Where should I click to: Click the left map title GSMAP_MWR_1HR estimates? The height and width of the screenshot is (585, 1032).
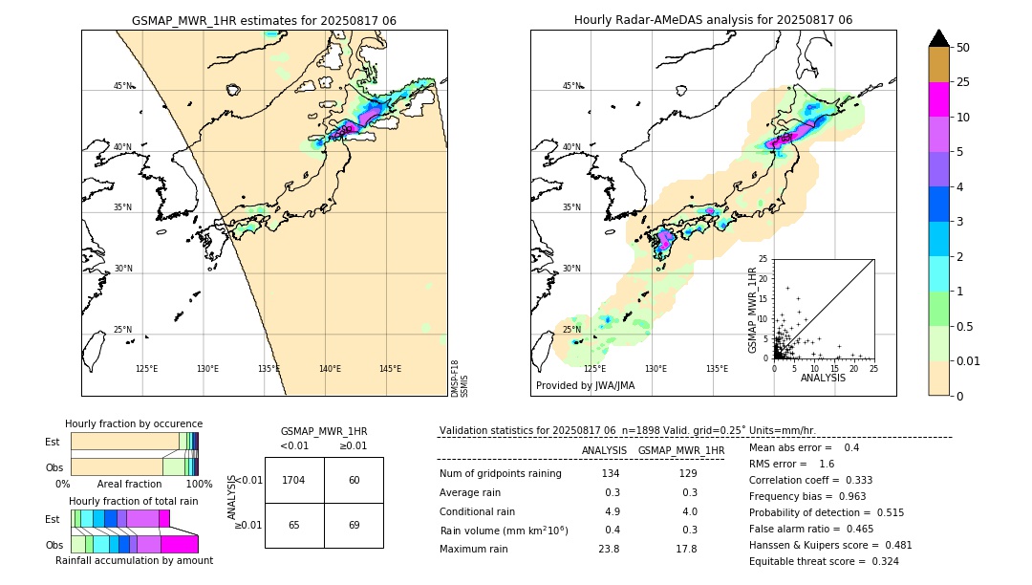point(264,20)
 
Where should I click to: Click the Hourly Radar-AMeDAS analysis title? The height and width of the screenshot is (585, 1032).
point(713,20)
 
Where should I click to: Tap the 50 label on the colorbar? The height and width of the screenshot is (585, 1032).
point(963,47)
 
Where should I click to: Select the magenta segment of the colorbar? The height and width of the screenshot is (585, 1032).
point(939,99)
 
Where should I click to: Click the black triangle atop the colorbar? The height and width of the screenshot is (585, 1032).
point(939,38)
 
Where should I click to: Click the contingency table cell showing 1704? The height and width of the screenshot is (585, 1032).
point(294,480)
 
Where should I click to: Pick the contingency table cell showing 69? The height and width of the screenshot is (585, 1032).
point(354,525)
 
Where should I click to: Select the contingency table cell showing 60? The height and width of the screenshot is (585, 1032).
point(354,480)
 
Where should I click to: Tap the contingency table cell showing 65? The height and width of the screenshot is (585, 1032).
point(294,525)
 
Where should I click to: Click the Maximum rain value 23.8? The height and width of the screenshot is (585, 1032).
point(610,549)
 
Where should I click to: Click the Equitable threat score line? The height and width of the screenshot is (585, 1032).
point(823,561)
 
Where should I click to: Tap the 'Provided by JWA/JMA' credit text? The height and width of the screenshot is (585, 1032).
point(585,385)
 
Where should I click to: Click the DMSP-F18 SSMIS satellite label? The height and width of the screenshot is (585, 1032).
point(459,379)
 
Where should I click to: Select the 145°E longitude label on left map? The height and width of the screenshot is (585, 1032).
point(390,369)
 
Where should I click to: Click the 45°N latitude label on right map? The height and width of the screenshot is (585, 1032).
point(571,86)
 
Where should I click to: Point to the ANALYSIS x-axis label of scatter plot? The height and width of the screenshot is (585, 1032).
point(823,378)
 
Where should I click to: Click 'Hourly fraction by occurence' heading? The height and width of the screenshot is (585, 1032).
point(134,423)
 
